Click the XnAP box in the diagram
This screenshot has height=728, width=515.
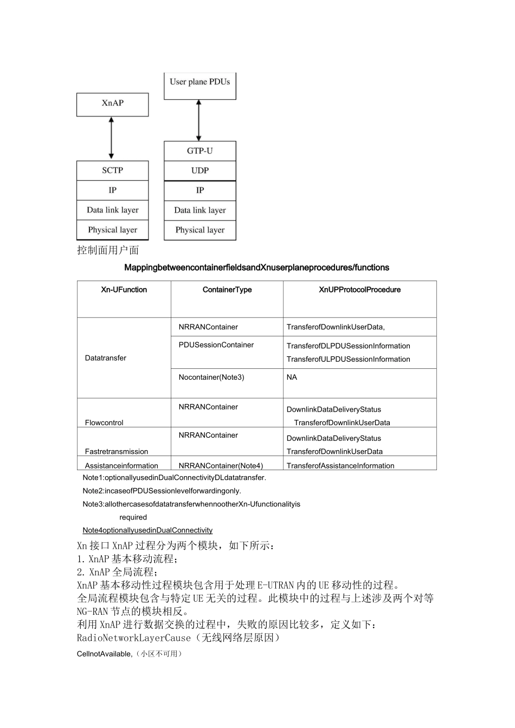click(x=112, y=103)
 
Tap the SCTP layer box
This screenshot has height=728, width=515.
click(x=112, y=171)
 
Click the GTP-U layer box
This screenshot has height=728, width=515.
click(x=199, y=151)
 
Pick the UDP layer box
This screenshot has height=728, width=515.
click(x=199, y=171)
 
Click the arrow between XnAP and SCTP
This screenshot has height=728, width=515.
click(x=112, y=138)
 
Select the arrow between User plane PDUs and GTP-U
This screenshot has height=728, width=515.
click(x=199, y=120)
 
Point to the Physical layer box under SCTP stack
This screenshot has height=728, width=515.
click(x=112, y=230)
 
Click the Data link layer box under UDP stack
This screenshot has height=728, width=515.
click(x=199, y=210)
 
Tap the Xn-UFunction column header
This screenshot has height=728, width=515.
click(x=124, y=290)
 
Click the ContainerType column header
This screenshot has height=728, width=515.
click(x=227, y=290)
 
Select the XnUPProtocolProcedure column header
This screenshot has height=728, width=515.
click(x=359, y=290)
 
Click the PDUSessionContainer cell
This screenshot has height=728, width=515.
click(x=216, y=345)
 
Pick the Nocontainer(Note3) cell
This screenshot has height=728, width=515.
click(x=211, y=378)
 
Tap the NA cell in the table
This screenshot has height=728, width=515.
click(x=292, y=378)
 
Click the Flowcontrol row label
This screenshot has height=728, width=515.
click(x=104, y=422)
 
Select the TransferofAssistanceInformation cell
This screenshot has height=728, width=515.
click(x=340, y=466)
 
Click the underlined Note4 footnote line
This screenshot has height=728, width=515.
click(x=147, y=530)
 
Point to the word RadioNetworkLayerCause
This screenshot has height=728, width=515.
click(x=134, y=638)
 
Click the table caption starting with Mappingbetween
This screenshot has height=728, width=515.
click(x=256, y=268)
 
